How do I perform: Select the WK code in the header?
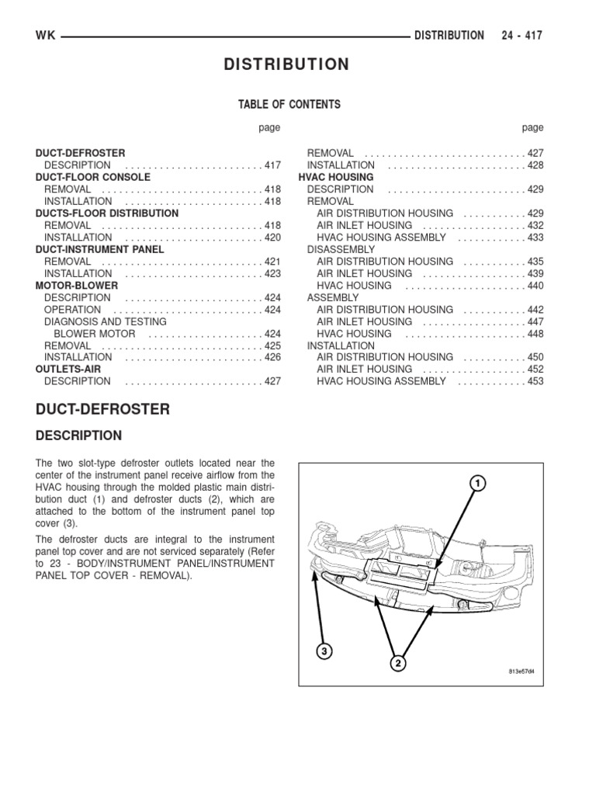coord(45,36)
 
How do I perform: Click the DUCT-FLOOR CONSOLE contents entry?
coord(93,177)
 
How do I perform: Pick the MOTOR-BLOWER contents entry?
coord(77,286)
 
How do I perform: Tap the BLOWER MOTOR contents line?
coord(95,334)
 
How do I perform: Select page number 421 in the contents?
coord(272,262)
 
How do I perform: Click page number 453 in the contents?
coord(535,381)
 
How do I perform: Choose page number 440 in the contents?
coord(535,286)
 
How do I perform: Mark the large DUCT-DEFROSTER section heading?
coord(102,409)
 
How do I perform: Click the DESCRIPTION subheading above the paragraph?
coord(78,436)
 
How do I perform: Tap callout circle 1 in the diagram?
coord(479,484)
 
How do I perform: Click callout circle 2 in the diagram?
coord(398,663)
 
